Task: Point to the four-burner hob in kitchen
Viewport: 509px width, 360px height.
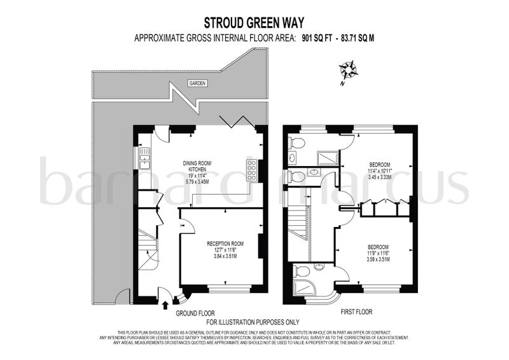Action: coord(251,171)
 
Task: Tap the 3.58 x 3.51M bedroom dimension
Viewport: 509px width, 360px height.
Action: coord(378,260)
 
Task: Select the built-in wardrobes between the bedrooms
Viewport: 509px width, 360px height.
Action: coord(384,209)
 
